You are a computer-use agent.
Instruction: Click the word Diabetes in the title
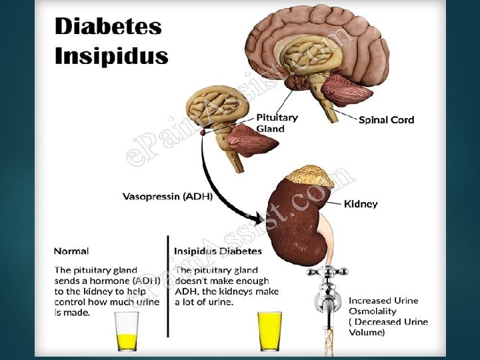coord(107,27)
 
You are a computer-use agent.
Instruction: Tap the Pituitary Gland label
coord(277,123)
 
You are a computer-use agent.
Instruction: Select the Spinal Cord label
coord(386,120)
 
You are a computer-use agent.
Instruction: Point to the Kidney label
coord(361,203)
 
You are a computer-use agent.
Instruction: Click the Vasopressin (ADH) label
coord(167,197)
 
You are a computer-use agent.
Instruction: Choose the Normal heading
coord(71,251)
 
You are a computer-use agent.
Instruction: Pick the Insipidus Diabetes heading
coord(218,251)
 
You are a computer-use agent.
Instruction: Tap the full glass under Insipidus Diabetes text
coord(270,330)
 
